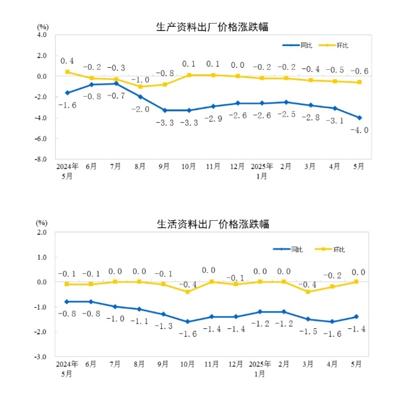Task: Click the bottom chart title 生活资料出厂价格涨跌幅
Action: pos(212,224)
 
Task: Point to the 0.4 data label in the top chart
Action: pos(67,61)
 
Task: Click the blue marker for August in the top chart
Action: pos(140,97)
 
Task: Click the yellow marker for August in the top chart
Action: pos(140,86)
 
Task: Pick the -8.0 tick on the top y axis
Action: pos(40,159)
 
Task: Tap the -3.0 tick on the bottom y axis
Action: pos(40,357)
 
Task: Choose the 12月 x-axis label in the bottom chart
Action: pos(237,364)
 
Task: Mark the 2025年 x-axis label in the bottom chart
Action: pos(261,364)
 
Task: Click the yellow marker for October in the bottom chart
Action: pos(188,292)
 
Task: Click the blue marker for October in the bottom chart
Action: pos(188,322)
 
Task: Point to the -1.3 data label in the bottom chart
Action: pos(164,326)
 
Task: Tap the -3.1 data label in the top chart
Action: pos(334,119)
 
